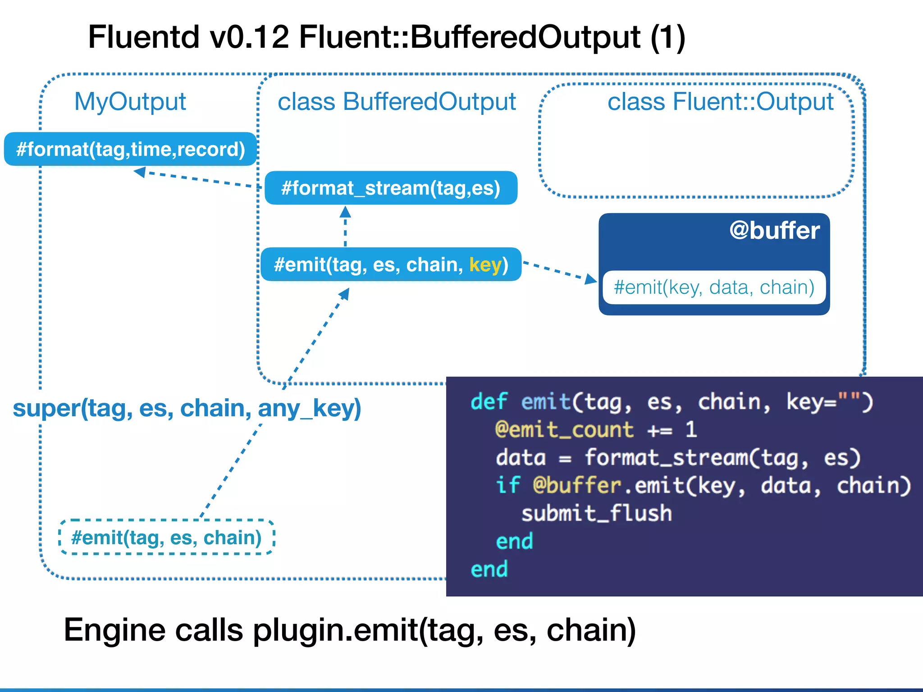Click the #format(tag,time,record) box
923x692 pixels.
click(x=130, y=149)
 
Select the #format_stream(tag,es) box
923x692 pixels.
click(x=391, y=188)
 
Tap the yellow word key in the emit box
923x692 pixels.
click(x=485, y=265)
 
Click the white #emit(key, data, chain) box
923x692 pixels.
click(x=714, y=287)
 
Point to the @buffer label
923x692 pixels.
click(x=774, y=231)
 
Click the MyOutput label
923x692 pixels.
click(x=130, y=101)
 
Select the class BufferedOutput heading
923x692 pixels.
click(x=397, y=101)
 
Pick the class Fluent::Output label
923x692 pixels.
click(x=720, y=101)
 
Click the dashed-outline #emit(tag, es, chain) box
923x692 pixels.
click(x=166, y=537)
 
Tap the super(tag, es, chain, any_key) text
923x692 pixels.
click(x=187, y=408)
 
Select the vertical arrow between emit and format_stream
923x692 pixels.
click(x=345, y=226)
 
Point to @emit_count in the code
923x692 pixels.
click(x=564, y=429)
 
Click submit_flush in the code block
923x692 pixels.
click(x=596, y=514)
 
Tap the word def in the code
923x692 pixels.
click(x=489, y=401)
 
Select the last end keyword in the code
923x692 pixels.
click(x=489, y=569)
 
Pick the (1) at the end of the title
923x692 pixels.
click(x=667, y=37)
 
